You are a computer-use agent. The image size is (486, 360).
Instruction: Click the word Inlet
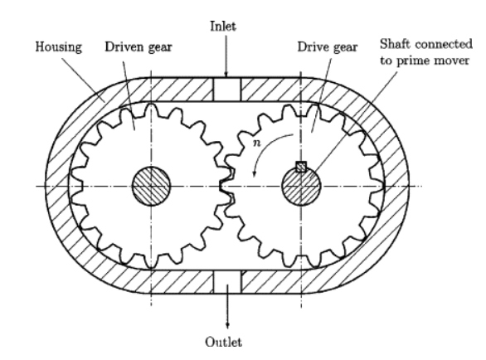223,26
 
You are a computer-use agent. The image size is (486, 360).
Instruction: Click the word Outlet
223,342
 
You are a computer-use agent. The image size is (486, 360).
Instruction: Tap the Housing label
59,47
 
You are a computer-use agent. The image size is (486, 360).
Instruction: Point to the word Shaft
395,44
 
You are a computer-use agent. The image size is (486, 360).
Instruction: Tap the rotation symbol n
257,143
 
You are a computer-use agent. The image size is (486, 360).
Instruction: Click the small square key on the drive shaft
301,167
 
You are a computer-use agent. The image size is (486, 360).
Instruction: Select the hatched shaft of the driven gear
151,186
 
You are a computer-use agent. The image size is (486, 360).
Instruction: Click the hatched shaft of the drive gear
301,187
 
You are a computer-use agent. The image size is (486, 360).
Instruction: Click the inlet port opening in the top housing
227,90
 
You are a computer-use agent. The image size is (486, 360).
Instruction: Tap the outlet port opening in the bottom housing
227,281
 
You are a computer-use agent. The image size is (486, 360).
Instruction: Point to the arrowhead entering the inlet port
226,74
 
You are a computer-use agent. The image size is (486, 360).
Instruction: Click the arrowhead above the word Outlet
227,325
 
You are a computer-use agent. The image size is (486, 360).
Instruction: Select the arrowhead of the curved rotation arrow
255,173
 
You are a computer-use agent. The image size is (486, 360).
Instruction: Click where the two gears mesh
226,185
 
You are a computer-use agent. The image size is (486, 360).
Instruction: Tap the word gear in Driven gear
160,47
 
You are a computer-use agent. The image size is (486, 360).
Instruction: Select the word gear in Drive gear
345,47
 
